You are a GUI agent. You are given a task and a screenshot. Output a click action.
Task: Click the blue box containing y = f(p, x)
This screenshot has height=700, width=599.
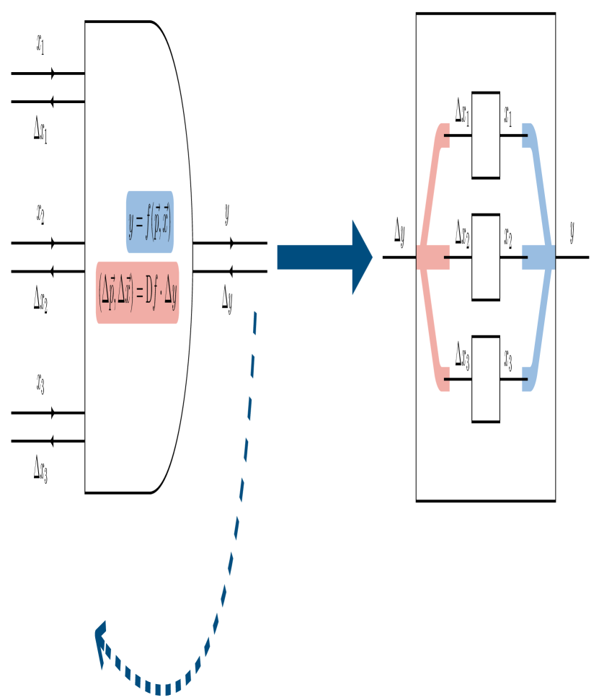click(150, 222)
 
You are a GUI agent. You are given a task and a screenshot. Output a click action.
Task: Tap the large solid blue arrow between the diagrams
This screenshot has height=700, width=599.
click(324, 257)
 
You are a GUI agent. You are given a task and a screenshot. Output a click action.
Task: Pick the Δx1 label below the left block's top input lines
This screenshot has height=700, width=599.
click(41, 130)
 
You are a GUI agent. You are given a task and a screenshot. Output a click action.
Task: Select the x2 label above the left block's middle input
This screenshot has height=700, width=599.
click(41, 214)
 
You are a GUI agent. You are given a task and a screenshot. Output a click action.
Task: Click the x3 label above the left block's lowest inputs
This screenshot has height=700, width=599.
click(41, 384)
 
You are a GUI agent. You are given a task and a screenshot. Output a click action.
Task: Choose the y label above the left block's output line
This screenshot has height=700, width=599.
click(227, 214)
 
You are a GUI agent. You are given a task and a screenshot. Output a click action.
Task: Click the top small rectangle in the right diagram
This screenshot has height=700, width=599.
click(486, 135)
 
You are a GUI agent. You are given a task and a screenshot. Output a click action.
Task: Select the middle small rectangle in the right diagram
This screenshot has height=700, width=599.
click(486, 257)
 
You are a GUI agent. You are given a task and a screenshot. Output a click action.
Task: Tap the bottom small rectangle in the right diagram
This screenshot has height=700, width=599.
click(486, 379)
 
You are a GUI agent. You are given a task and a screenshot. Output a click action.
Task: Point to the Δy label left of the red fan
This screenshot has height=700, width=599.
click(399, 232)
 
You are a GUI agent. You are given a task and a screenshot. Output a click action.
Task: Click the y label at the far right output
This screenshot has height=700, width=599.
click(572, 232)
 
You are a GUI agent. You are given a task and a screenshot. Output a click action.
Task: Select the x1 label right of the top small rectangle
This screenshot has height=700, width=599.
click(508, 115)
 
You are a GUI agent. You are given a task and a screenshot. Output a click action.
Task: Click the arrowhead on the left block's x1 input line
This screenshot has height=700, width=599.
click(53, 74)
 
